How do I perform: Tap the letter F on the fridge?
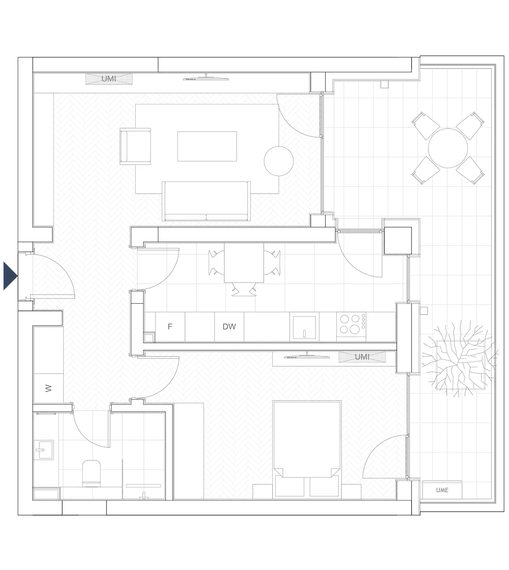coord(170,326)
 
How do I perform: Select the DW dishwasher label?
coord(229,326)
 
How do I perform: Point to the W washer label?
coord(48,388)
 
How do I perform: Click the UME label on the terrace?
coord(442,490)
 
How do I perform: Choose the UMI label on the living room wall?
coord(109,79)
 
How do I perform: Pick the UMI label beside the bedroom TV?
coord(362,357)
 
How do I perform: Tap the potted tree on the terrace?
coord(458,359)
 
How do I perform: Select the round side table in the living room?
coord(279,160)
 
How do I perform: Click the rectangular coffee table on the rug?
coord(207,146)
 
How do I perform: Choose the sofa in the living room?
coord(207,201)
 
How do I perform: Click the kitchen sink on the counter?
coord(304,327)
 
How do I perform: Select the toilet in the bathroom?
coord(91,473)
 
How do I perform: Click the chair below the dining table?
coord(244,290)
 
